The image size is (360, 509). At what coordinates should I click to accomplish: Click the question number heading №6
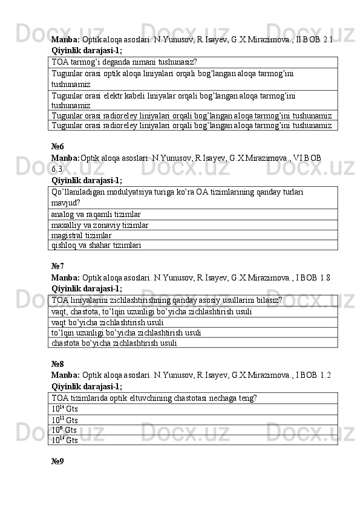click(x=58, y=146)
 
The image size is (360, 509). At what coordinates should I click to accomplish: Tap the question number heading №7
click(x=58, y=265)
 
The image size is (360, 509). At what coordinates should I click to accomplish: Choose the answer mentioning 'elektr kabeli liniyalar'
click(x=174, y=100)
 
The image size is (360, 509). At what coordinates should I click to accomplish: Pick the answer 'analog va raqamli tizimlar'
click(x=96, y=214)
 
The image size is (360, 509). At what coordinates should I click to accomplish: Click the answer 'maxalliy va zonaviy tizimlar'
click(x=100, y=225)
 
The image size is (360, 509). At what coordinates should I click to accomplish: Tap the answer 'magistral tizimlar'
click(x=82, y=235)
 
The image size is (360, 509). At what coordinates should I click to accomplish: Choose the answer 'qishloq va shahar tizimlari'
click(x=97, y=245)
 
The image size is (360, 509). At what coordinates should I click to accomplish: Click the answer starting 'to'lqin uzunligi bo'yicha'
click(x=126, y=332)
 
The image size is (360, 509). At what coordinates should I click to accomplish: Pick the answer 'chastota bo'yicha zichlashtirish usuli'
click(x=114, y=343)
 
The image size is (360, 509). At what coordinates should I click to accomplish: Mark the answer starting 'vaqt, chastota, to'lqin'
click(x=152, y=312)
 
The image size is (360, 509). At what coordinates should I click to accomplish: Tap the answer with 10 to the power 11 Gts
click(x=65, y=420)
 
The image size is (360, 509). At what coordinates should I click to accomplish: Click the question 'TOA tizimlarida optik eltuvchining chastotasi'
click(x=154, y=398)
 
